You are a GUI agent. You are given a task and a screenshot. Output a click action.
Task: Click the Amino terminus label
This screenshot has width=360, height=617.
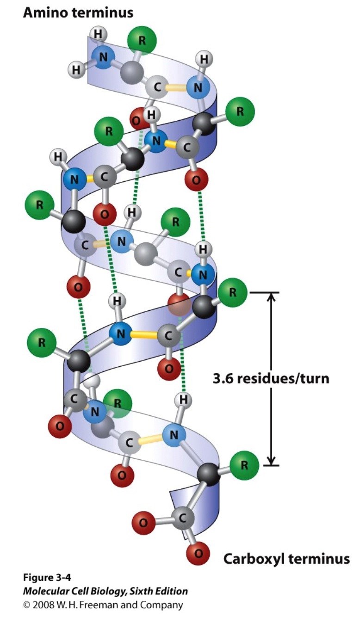(x=78, y=12)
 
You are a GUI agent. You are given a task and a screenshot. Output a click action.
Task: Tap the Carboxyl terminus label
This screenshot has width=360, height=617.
(x=286, y=559)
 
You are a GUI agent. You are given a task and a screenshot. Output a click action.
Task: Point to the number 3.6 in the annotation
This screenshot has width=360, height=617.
(x=223, y=378)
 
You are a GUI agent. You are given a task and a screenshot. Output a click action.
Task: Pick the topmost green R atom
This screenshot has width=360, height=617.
(x=142, y=40)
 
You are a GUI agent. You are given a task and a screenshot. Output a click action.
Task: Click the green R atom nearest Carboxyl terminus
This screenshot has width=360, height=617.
(x=244, y=465)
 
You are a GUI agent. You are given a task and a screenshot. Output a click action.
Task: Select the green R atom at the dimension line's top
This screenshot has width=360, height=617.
(x=232, y=292)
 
